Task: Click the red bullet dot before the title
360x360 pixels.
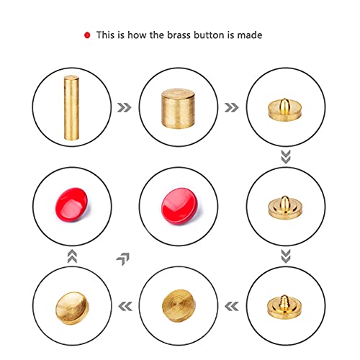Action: coord(87,35)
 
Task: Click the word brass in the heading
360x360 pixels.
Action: coord(179,35)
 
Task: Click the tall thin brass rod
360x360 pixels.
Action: coord(71,107)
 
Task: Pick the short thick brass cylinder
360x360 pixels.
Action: coord(179,109)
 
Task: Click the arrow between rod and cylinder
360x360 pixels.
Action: coord(125,107)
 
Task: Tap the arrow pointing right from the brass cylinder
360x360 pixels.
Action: coord(231,107)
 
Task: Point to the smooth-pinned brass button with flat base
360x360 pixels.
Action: coord(284,109)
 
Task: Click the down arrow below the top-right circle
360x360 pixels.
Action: coord(286,157)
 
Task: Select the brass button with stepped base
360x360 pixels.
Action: coord(285,208)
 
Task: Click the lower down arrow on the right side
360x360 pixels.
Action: coord(286,256)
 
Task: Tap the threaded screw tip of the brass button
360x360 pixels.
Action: coord(284,300)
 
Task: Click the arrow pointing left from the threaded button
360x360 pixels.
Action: coord(232,306)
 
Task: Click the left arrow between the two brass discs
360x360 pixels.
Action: coord(125,306)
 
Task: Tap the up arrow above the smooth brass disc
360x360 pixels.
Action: coord(72,256)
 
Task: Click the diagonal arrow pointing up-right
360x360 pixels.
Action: coord(123,259)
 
